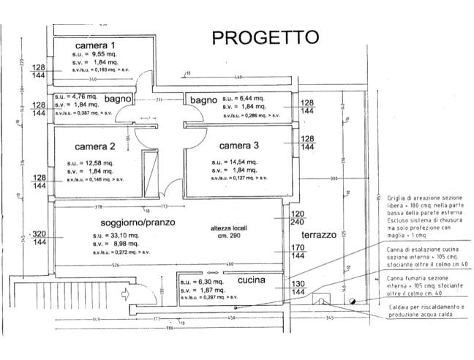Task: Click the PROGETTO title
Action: [265, 37]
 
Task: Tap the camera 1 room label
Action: [95, 45]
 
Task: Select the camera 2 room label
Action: [95, 146]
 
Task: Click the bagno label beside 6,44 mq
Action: [203, 99]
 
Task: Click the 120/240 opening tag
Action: [298, 218]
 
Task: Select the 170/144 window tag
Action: [298, 252]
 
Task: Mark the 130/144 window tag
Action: [298, 288]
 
